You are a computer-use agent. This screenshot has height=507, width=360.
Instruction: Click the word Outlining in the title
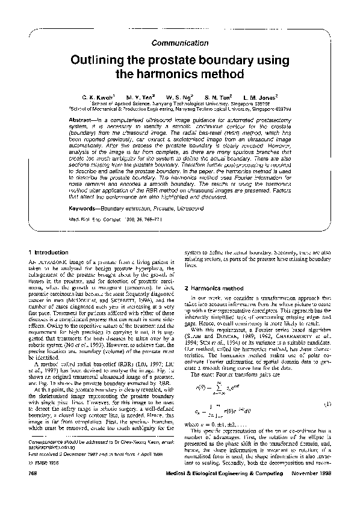[104, 61]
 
